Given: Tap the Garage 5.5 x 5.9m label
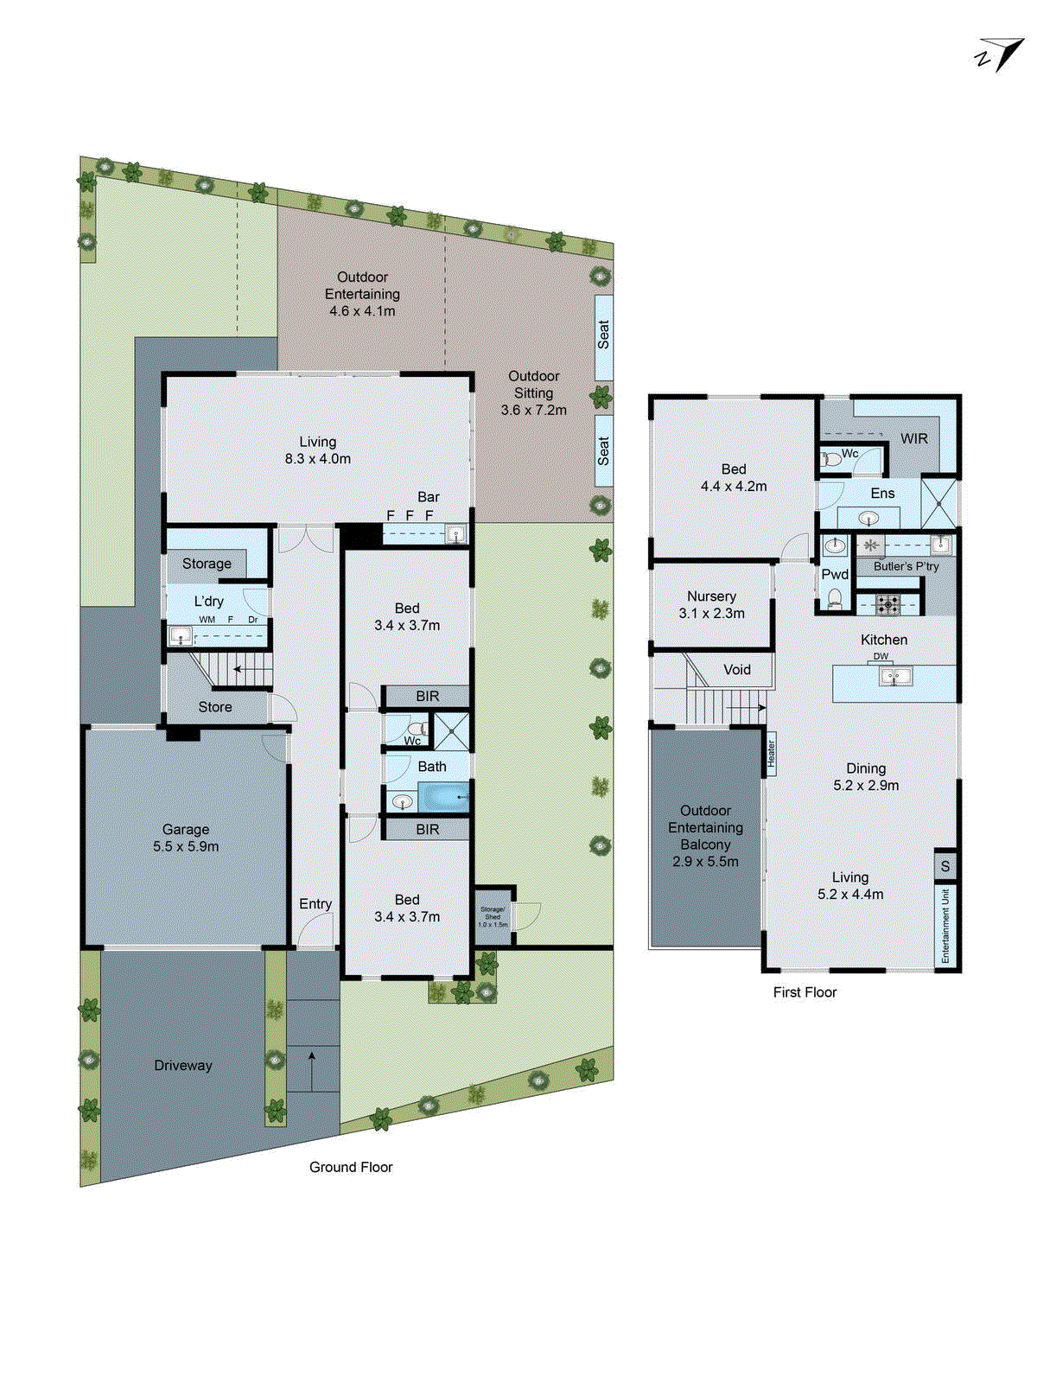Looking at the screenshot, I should [x=186, y=838].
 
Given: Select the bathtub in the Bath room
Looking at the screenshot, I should [x=444, y=797].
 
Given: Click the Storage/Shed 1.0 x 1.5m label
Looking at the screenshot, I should [x=493, y=917].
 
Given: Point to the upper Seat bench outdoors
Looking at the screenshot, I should [x=603, y=335].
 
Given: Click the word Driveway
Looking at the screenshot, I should [x=183, y=1066].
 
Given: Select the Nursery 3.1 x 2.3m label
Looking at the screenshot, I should [x=711, y=605].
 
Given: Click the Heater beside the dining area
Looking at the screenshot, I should [x=771, y=755].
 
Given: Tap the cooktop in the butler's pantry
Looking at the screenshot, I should [x=888, y=603].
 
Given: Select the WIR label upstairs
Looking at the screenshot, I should [x=913, y=439].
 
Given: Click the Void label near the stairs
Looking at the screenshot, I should [x=737, y=670].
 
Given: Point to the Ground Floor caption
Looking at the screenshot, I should [x=351, y=1167].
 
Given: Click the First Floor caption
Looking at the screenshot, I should [x=805, y=992].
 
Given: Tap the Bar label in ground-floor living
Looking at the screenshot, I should [x=429, y=497].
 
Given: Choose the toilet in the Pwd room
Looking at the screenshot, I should [x=835, y=597].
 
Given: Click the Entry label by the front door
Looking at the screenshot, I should [x=315, y=904].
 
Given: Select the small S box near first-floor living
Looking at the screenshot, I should [x=945, y=866].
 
